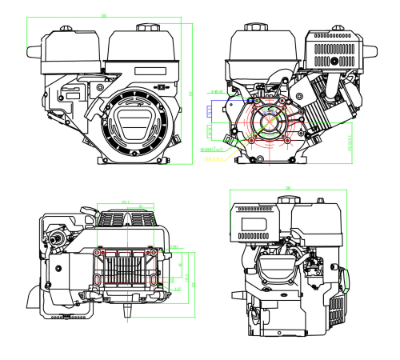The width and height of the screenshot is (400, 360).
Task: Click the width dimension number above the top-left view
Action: coord(105,15)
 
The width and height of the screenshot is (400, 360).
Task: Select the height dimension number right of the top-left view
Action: coord(191,94)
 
